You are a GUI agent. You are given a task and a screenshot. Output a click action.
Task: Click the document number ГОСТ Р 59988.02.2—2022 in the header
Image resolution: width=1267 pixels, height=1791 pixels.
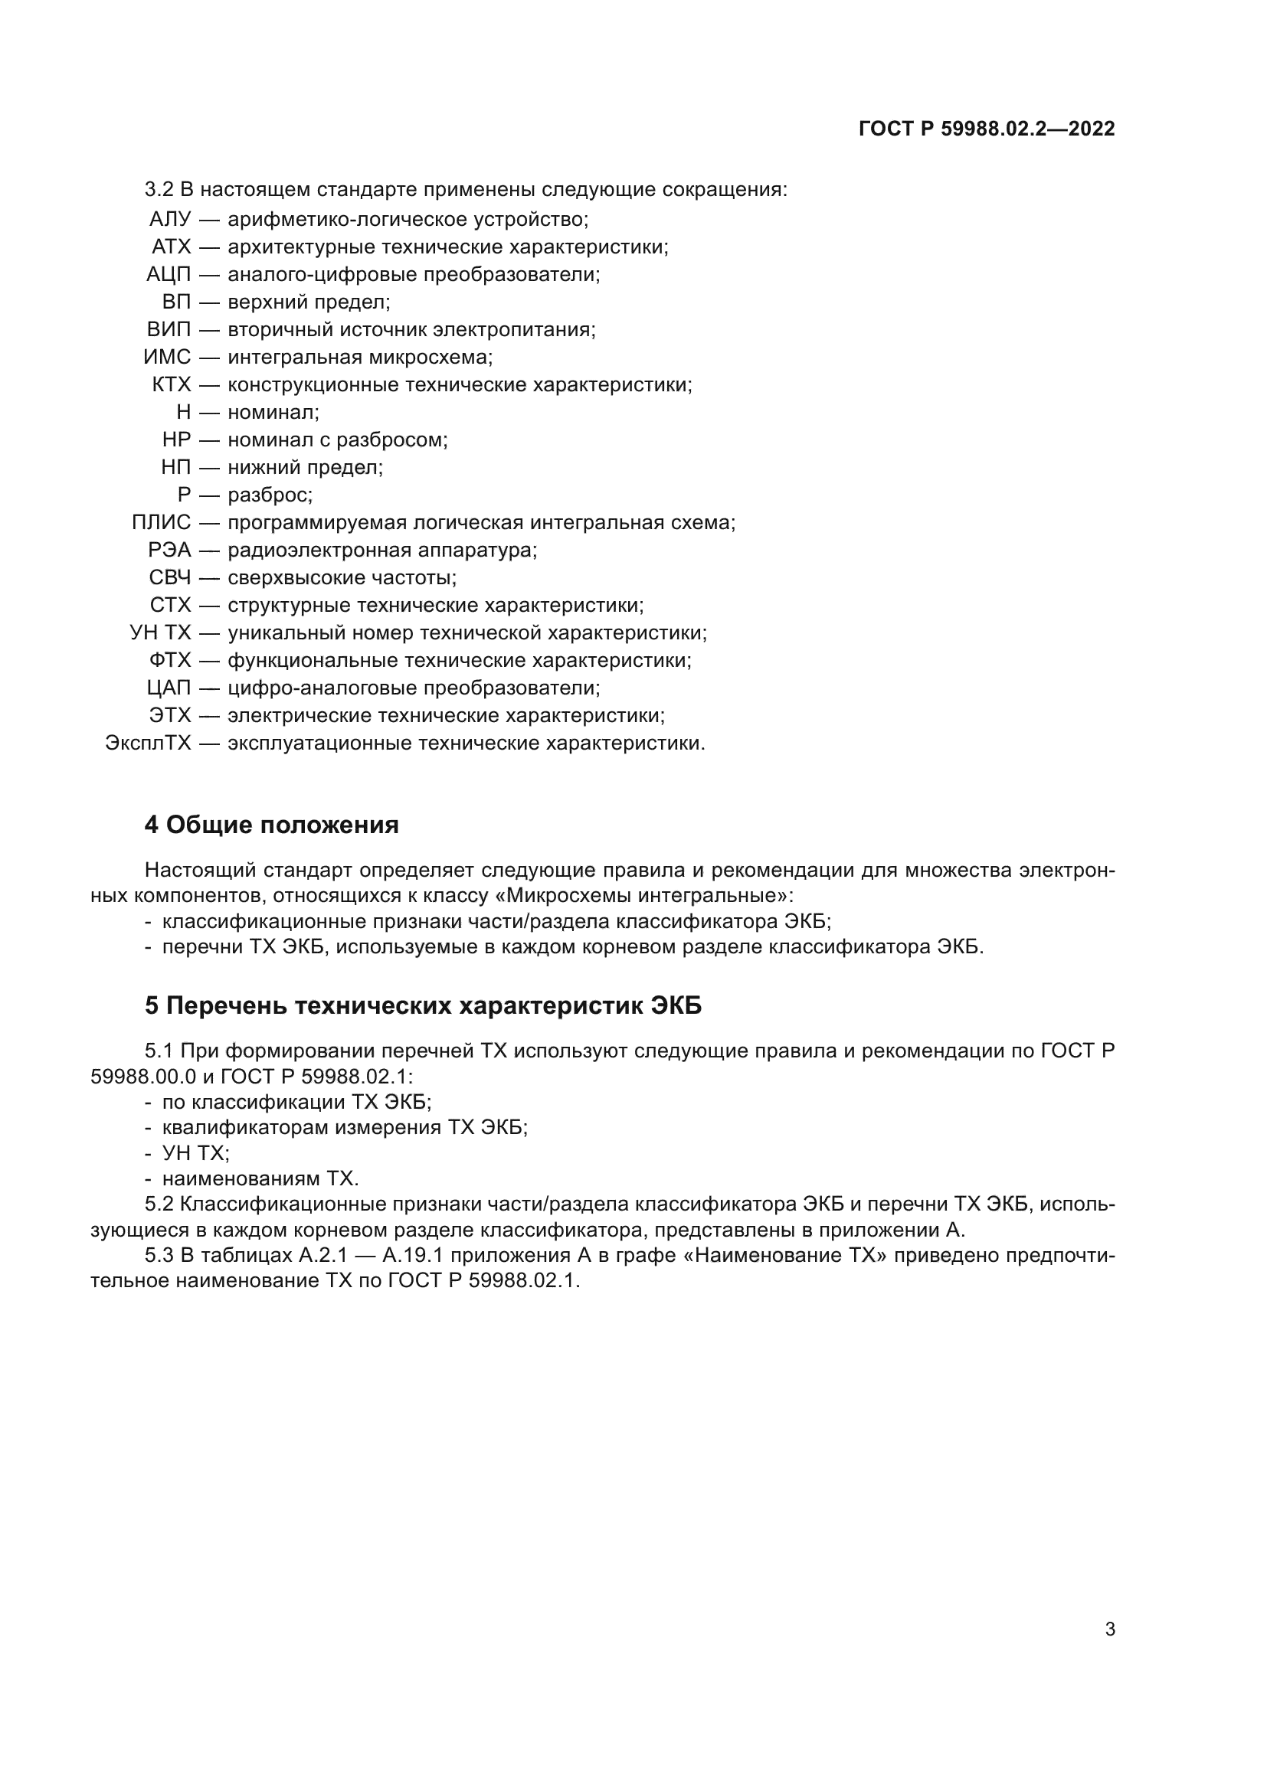pyautogui.click(x=986, y=129)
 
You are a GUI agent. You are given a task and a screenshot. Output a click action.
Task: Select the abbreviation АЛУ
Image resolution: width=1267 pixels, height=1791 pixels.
pyautogui.click(x=169, y=219)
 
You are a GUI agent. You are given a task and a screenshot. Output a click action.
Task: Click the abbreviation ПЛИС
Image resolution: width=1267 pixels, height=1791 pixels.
pyautogui.click(x=161, y=523)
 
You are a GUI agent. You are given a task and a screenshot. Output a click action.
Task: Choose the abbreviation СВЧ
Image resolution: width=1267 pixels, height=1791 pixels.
pyautogui.click(x=169, y=578)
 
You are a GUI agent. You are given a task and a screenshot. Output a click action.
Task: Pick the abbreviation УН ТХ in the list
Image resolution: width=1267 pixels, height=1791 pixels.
pyautogui.click(x=160, y=632)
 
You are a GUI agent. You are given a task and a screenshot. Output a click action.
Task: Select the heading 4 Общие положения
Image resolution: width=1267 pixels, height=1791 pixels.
pyautogui.click(x=271, y=825)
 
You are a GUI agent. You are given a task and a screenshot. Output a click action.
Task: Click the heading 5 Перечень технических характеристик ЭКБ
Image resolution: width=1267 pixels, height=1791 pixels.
pyautogui.click(x=423, y=1005)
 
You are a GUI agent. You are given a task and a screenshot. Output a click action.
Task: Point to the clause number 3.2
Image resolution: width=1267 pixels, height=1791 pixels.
pyautogui.click(x=159, y=190)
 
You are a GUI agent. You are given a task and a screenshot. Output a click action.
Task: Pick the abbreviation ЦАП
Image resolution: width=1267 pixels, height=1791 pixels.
pyautogui.click(x=169, y=688)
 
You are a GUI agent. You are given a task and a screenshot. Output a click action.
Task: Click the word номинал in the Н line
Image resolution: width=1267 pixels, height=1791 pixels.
pyautogui.click(x=271, y=412)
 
